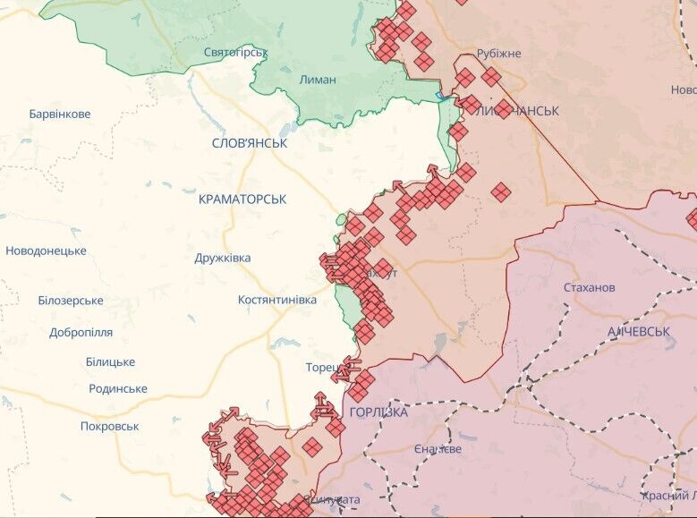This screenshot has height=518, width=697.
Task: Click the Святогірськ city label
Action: (x=236, y=53)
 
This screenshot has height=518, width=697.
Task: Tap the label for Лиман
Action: (x=318, y=80)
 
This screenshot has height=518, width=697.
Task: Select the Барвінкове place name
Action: (x=60, y=115)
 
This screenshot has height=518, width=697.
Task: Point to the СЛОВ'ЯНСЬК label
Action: (x=250, y=143)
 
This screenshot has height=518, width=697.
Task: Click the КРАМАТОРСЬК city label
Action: (x=242, y=200)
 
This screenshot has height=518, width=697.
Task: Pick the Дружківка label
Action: (x=223, y=258)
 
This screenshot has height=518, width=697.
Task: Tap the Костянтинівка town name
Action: (x=277, y=300)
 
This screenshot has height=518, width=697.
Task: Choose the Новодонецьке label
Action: (x=46, y=251)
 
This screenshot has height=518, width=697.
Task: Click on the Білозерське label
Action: (x=71, y=301)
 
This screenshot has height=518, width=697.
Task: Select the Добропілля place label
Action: (x=81, y=332)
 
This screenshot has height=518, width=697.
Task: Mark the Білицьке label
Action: (x=110, y=361)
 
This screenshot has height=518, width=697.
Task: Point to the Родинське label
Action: (x=118, y=388)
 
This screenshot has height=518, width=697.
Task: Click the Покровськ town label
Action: (x=109, y=426)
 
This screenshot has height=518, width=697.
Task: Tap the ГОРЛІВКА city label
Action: (x=378, y=412)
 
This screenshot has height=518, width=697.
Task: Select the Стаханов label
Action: (x=590, y=287)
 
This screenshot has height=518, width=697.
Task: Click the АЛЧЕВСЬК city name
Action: (x=639, y=332)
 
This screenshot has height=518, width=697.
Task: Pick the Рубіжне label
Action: (x=498, y=54)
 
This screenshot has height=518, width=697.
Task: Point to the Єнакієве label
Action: (x=438, y=448)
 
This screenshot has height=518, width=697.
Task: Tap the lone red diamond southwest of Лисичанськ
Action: (x=501, y=192)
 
